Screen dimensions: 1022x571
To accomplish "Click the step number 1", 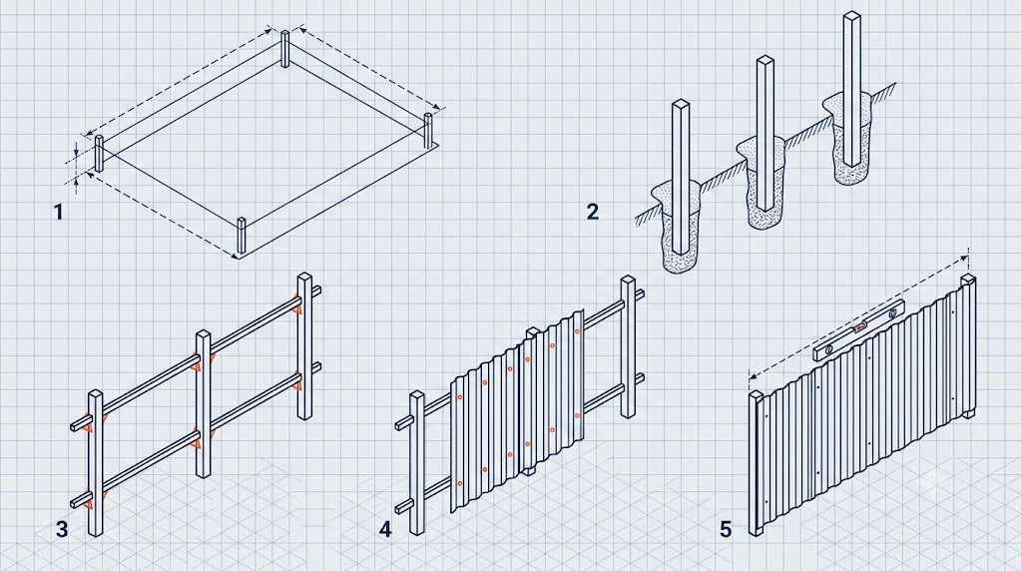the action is coord(59,212).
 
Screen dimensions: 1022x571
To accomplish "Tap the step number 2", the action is coord(593,212).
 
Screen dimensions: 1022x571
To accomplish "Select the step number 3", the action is coord(62,529).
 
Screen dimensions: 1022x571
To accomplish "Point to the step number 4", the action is coord(385,529).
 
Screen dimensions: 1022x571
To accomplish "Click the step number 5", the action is coord(727,529).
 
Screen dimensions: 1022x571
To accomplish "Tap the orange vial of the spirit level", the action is coord(861,327).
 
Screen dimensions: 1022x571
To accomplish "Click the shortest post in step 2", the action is coord(681,176).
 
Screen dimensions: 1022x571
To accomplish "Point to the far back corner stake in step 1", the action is coord(284,48).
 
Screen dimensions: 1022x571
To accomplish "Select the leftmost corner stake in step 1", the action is coord(99,154).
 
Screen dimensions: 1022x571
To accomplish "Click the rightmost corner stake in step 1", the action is coord(428,131).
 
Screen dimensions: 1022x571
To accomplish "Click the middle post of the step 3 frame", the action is coord(204,404).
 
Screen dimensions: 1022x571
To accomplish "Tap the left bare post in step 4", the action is coord(417,463).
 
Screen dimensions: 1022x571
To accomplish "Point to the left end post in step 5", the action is coord(757,463).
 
